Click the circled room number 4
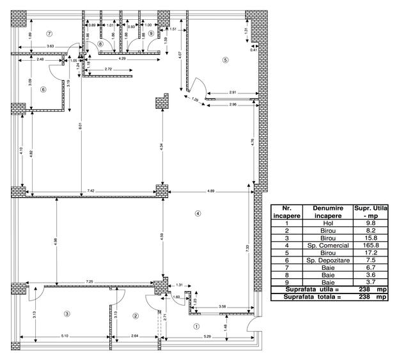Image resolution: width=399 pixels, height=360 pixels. tap(198, 214)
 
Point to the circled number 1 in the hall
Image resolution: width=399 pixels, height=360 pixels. tap(196, 325)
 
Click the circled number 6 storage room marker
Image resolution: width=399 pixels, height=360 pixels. tap(43, 90)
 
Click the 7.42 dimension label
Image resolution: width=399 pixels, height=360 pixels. tap(92, 191)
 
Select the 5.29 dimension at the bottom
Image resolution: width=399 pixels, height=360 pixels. tap(208, 336)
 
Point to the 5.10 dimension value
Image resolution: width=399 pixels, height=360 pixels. tap(65, 336)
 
